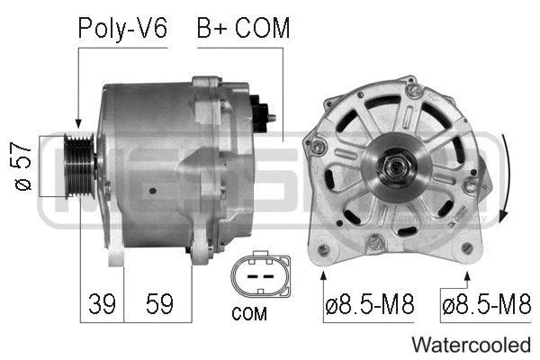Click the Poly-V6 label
[x=122, y=28]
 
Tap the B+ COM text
[x=243, y=28]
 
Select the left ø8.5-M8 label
[x=369, y=303]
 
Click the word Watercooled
[x=471, y=345]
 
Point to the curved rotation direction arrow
[x=509, y=180]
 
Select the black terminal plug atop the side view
[x=260, y=108]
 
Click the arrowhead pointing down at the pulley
[x=79, y=123]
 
